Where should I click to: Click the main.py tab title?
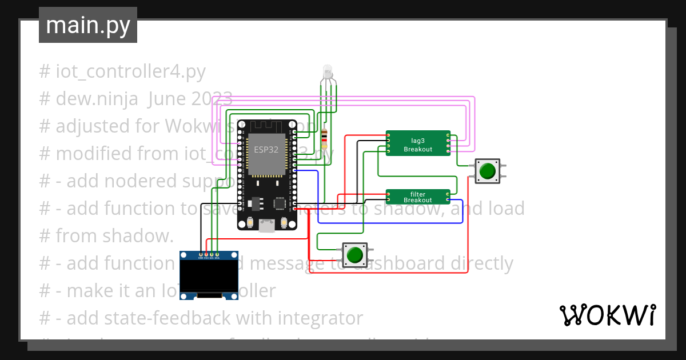(x=87, y=25)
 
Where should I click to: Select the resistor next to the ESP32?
(x=325, y=137)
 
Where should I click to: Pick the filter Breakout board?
(x=417, y=197)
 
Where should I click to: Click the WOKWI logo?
(x=607, y=315)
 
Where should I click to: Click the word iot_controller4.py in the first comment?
(x=130, y=71)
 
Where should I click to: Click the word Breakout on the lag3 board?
(x=418, y=149)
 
